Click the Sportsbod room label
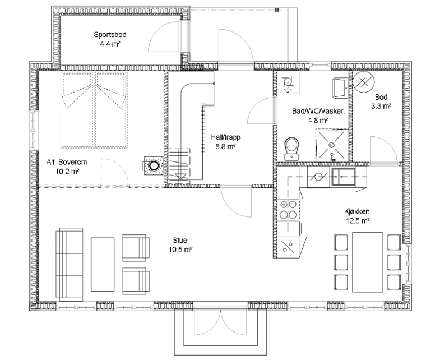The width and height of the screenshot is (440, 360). click(110, 35)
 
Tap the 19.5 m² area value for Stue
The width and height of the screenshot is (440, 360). click(180, 250)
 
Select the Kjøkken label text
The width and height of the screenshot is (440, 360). click(357, 211)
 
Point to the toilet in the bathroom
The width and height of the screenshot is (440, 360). click(292, 149)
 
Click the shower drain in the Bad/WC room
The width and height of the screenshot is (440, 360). click(332, 145)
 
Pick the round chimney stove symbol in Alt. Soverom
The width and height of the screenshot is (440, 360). click(153, 165)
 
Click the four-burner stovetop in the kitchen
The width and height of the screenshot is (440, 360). click(288, 209)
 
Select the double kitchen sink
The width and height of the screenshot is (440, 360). click(343, 177)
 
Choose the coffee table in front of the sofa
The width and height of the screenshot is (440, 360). click(103, 264)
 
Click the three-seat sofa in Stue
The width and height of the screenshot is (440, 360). click(70, 264)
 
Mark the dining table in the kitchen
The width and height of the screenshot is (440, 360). click(368, 262)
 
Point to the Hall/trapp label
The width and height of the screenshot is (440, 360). click(226, 137)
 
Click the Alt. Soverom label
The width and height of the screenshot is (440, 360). click(67, 162)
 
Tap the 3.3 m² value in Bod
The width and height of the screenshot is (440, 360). click(381, 106)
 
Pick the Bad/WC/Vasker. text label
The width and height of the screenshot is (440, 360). click(318, 111)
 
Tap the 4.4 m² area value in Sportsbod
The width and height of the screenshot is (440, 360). click(110, 44)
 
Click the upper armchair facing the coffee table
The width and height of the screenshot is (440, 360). click(136, 248)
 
